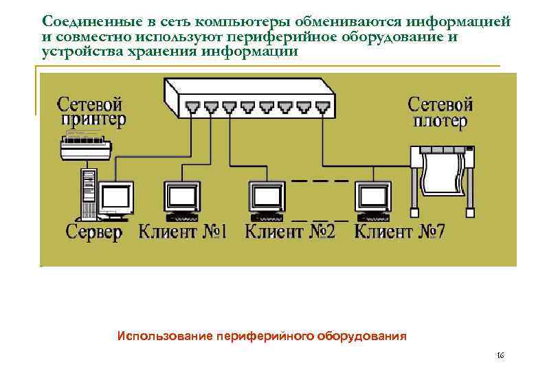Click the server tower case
[x=87, y=192]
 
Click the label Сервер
[x=93, y=232]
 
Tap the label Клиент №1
[x=183, y=232]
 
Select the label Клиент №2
[x=289, y=232]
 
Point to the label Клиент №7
[x=399, y=232]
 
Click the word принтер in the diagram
[x=93, y=122]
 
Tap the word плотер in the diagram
[x=440, y=122]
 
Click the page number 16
[x=500, y=355]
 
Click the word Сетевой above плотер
[x=440, y=104]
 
